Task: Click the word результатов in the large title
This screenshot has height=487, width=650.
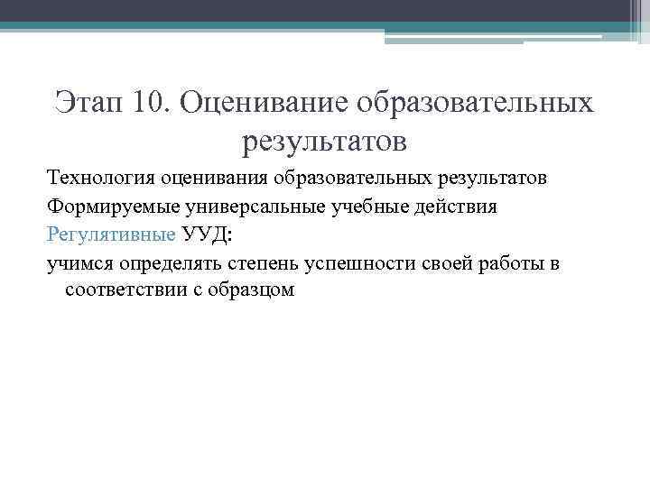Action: [325, 141]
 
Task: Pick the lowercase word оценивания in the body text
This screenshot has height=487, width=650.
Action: [201, 178]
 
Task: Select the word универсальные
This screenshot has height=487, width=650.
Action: [237, 207]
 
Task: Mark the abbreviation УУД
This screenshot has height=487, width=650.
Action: [205, 234]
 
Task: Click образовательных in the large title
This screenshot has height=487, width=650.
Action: [475, 102]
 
